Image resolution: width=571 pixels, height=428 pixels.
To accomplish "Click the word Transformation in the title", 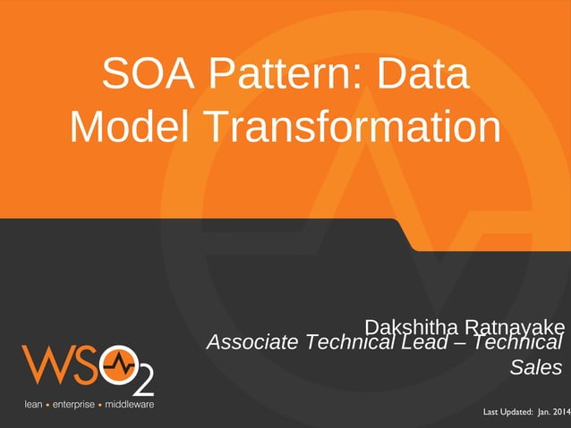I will coord(354,127).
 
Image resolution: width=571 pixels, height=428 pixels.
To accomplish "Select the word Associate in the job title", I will coord(252,342).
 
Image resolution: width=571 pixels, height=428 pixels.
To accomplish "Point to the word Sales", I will coord(535,367).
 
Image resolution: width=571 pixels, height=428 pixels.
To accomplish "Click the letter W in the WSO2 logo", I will coord(44,365).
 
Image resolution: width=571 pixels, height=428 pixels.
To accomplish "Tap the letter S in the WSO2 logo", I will coord(84,365).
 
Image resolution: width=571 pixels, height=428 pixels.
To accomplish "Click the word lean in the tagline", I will coord(32,405).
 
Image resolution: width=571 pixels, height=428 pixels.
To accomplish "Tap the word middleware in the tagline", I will coord(130,405).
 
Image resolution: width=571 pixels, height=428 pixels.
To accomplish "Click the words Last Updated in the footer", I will coord(507,412).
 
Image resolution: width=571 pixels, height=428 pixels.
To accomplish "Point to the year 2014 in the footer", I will coord(560,412).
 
